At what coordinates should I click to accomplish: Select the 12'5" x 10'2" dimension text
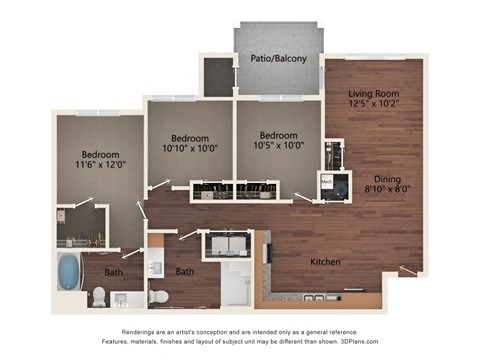point(374,102)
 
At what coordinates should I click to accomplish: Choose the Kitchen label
point(325,262)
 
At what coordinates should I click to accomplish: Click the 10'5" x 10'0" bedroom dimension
point(278,146)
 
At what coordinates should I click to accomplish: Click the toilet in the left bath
point(98,296)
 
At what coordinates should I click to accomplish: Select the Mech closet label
point(327,181)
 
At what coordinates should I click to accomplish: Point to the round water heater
point(341,187)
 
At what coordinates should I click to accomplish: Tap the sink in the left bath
point(125,299)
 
